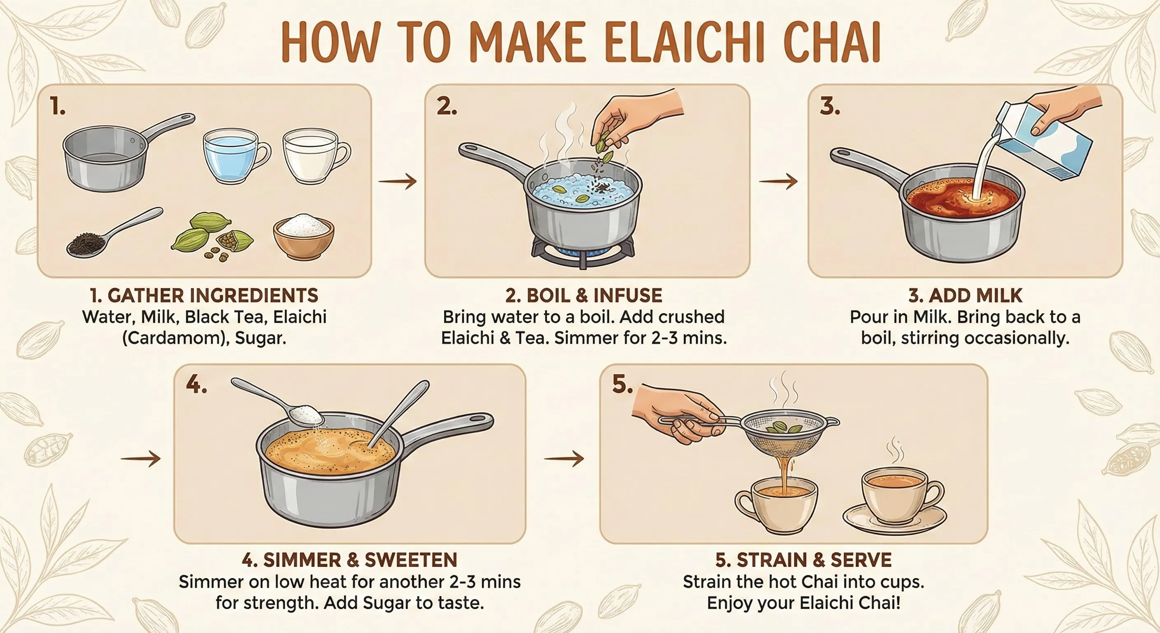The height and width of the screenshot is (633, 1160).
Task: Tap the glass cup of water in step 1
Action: click(236, 156)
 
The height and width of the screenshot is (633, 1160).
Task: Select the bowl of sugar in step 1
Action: click(304, 237)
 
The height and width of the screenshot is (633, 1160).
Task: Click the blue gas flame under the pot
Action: click(584, 251)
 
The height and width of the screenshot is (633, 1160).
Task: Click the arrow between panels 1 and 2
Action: click(397, 182)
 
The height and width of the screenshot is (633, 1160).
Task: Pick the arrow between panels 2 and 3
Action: click(778, 182)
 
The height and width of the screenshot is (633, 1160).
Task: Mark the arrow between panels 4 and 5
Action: click(564, 459)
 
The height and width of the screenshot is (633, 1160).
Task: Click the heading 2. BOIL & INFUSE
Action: click(584, 295)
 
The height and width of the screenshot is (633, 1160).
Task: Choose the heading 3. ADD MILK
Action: click(965, 295)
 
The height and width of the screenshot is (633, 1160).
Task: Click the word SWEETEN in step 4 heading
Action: click(411, 560)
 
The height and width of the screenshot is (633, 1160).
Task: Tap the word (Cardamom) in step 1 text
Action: click(174, 338)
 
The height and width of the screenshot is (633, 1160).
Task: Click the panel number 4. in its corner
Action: click(196, 385)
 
